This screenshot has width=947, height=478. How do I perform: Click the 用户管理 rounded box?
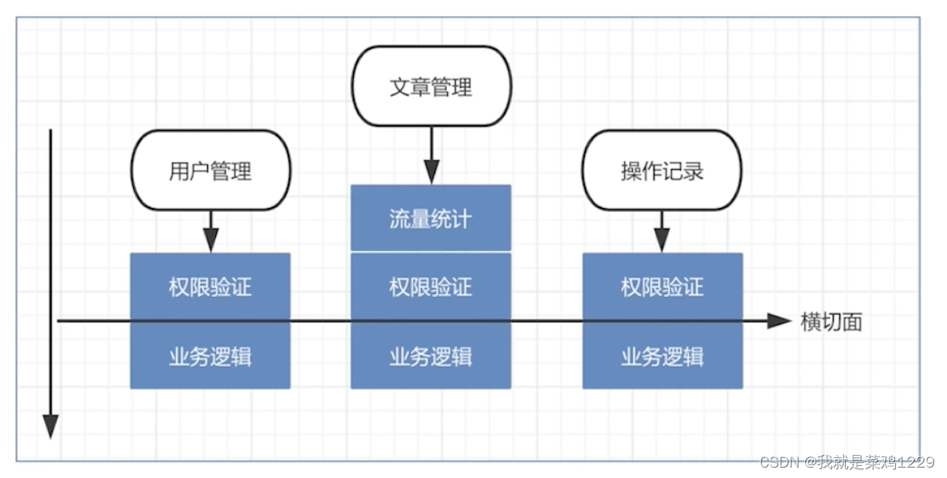point(210,170)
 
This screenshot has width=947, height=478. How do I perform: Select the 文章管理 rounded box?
point(431,86)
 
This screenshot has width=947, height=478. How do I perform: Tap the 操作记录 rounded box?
point(662,170)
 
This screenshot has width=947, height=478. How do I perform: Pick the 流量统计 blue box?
point(430,218)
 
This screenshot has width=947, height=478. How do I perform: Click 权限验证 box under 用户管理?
point(210,287)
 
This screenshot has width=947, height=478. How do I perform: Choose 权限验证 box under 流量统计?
point(430,287)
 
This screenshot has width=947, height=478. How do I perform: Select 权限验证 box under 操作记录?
point(662,287)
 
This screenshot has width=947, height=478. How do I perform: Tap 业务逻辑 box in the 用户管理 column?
point(210,356)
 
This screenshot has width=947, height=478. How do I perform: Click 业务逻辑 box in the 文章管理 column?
point(430,356)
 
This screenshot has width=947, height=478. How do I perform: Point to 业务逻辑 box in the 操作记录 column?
point(662,356)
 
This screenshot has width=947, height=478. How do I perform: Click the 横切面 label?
point(831,321)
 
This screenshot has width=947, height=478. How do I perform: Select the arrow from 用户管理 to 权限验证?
point(210,231)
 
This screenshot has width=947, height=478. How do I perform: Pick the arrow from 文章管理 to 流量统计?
point(431,155)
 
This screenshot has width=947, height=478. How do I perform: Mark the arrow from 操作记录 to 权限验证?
point(662,231)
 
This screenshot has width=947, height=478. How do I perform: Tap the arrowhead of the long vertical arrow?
point(51,427)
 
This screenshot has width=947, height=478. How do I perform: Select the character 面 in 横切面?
point(852,321)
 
